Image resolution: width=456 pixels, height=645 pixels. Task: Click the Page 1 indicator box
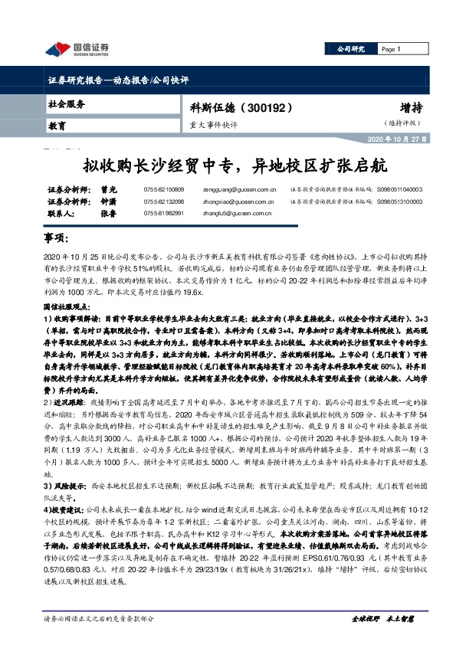(x=398, y=49)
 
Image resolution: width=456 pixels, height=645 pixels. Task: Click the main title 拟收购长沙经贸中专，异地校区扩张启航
(x=228, y=165)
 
